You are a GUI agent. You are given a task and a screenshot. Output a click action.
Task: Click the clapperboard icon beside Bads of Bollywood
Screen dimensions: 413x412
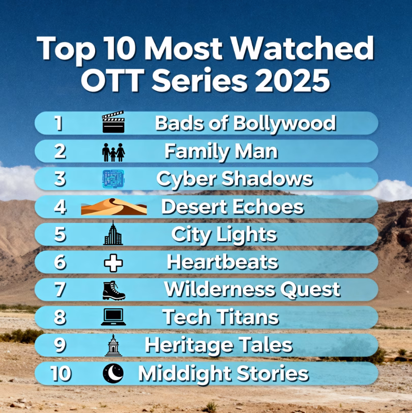click(113, 123)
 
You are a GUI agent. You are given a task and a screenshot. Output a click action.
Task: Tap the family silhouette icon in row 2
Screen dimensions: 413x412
click(113, 152)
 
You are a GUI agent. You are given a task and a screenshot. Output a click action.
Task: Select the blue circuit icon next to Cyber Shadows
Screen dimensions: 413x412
click(113, 179)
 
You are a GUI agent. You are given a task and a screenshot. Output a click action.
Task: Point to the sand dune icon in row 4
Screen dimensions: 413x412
click(113, 207)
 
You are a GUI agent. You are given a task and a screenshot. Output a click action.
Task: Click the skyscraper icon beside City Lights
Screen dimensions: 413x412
click(113, 234)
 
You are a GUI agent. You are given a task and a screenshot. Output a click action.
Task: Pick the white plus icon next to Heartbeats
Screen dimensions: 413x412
click(113, 262)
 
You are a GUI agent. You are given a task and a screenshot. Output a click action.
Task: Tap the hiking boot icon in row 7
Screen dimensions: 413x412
click(113, 290)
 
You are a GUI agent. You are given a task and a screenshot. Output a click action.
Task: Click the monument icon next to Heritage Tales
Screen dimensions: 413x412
click(113, 345)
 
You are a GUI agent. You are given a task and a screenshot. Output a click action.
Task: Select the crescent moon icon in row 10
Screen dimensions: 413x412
click(113, 374)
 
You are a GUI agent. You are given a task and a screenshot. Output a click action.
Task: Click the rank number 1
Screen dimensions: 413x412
click(59, 123)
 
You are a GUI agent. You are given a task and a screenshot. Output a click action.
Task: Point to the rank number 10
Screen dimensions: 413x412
click(61, 374)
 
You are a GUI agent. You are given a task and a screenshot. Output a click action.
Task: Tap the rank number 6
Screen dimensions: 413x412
click(60, 262)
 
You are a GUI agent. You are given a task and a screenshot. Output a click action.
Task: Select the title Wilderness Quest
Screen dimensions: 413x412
click(252, 290)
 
